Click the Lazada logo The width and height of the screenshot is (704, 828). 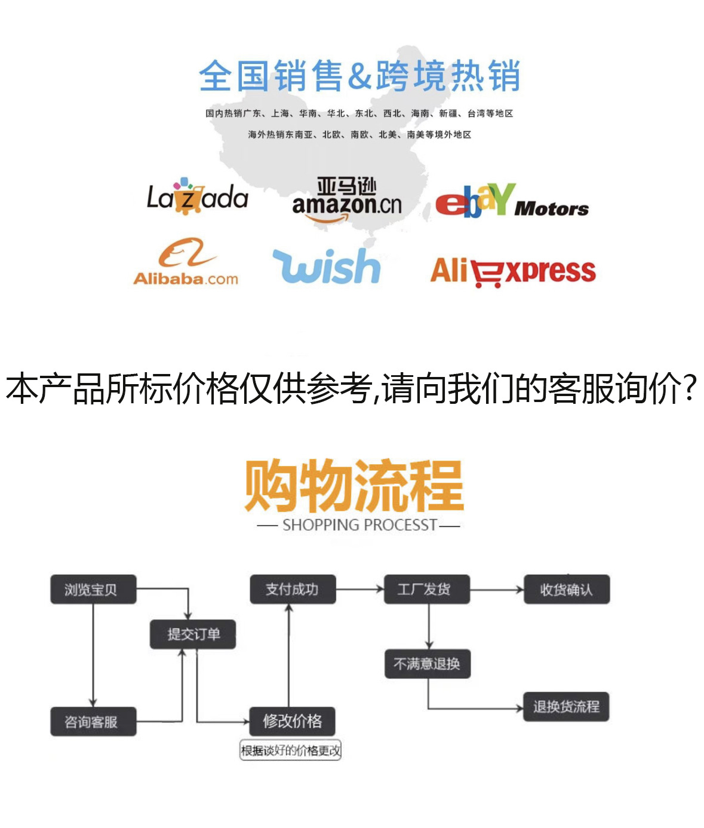(x=197, y=197)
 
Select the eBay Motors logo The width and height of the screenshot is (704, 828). (x=511, y=201)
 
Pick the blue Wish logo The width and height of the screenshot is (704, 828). (x=327, y=266)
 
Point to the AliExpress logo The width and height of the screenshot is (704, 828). (x=513, y=272)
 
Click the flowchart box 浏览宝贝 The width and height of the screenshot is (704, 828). (x=93, y=590)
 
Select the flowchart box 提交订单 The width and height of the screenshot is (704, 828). (x=193, y=634)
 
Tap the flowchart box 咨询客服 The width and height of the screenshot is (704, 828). (x=93, y=722)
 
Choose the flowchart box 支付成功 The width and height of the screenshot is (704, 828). (x=293, y=590)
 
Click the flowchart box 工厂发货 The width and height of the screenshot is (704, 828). (x=426, y=590)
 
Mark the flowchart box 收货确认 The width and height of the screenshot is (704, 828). (x=566, y=590)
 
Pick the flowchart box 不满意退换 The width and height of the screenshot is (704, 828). (x=428, y=664)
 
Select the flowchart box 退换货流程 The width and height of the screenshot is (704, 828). (x=566, y=707)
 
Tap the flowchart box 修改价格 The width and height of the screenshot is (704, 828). (x=293, y=721)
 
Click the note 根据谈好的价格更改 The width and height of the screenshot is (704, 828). (x=290, y=750)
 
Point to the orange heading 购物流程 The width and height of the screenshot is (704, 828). (x=353, y=485)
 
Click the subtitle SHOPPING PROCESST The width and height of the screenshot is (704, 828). (x=359, y=525)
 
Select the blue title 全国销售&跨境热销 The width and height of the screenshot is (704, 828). (x=359, y=76)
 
